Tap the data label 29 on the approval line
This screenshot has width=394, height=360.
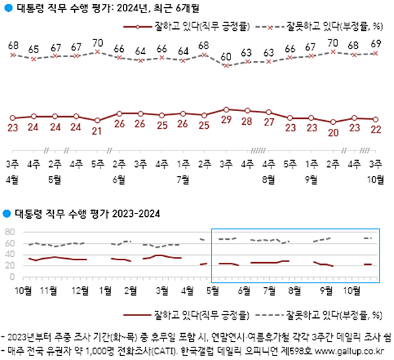pos(225,121)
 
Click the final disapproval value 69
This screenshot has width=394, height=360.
pos(376,43)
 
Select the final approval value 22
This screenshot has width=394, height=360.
pos(376,129)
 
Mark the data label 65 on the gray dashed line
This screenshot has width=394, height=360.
pos(33,49)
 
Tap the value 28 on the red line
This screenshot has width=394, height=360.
pos(246,122)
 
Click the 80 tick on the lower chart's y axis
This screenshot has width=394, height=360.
pos(10,233)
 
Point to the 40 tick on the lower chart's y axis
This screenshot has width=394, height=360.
pos(10,255)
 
